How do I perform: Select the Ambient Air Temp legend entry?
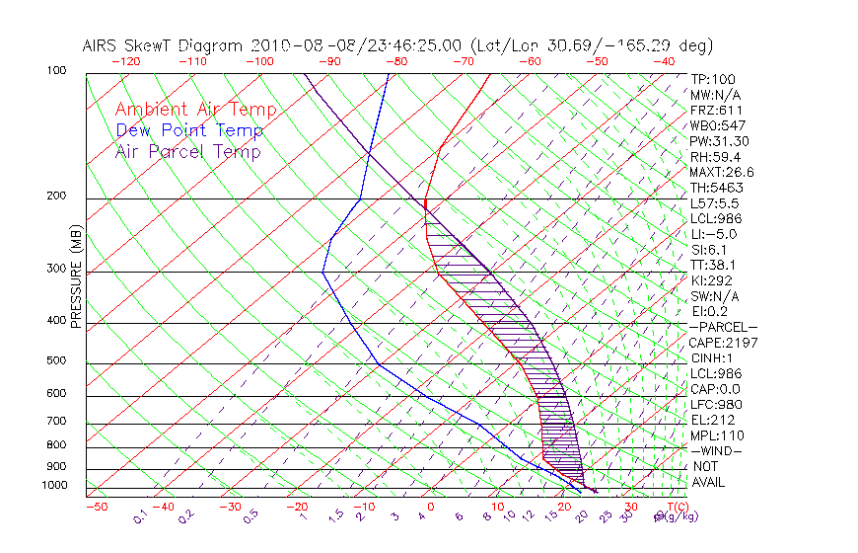pos(195,110)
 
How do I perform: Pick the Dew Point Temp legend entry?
pos(189,130)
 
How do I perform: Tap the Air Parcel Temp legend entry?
pos(187,151)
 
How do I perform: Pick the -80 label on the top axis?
pos(397,61)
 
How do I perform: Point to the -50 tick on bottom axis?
pos(96,507)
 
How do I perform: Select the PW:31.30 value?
pos(719,141)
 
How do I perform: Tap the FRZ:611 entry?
pos(716,110)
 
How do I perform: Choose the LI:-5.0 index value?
pos(713,234)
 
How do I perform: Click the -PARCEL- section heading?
pos(723,327)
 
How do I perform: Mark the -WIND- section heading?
pos(716,450)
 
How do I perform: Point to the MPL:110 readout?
pos(717,435)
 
